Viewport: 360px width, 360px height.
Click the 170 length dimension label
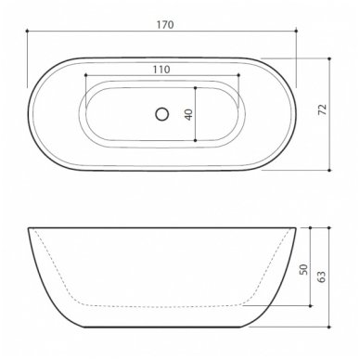165,25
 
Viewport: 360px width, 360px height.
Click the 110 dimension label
161,70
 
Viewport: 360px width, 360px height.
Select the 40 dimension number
189,114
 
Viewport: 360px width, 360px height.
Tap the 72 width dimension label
322,109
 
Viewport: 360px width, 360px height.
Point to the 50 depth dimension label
304,269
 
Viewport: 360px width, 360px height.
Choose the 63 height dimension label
322,277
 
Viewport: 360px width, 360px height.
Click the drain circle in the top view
162,114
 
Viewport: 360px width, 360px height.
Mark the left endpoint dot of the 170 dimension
27,31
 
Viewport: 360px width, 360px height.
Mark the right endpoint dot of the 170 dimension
296,31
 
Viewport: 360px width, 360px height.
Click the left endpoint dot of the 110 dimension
85,75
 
